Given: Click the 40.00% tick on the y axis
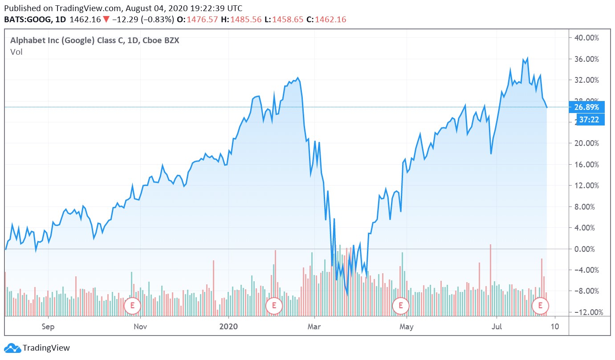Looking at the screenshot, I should click(586, 38).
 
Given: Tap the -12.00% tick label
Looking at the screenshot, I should click(586, 312).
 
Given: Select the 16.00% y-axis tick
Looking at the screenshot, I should click(586, 165).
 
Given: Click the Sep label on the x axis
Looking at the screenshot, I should click(48, 327).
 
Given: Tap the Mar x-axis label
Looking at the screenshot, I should click(314, 327).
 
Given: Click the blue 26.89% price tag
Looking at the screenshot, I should click(586, 107).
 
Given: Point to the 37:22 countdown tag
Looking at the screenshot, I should click(589, 119).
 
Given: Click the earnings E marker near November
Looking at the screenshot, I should click(132, 305).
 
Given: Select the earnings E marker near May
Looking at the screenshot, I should click(401, 305).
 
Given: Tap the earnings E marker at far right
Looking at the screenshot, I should click(541, 305).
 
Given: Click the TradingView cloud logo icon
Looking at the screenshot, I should click(12, 348).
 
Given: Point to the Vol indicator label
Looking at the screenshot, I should click(16, 52).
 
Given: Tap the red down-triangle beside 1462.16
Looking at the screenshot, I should click(106, 20).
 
